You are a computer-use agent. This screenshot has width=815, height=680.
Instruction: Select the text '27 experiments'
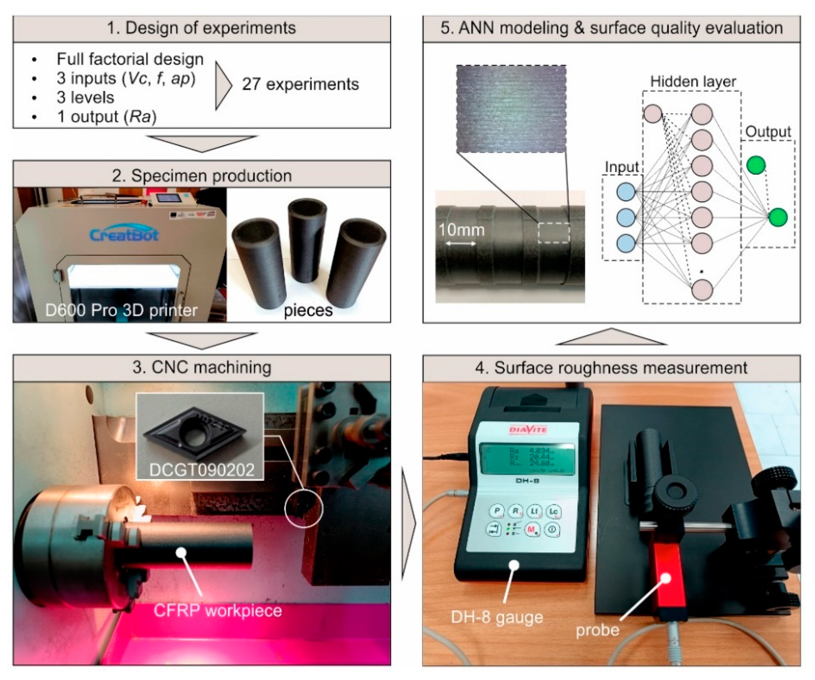300,84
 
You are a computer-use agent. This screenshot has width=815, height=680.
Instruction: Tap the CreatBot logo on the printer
124,234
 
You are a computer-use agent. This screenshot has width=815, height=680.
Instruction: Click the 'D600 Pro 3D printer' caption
121,310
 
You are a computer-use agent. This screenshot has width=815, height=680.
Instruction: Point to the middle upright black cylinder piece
306,241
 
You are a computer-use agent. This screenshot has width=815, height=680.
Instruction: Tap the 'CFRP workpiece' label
217,610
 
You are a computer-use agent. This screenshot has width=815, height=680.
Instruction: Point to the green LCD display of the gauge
527,460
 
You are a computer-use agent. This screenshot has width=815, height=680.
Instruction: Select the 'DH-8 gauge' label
497,617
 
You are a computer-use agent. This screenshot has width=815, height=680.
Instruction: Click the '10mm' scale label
461,230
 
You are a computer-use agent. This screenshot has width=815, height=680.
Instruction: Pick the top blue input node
626,192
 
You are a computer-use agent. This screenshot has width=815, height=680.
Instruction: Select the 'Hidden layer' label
693,82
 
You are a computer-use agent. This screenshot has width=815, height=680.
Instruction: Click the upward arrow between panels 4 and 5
611,337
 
